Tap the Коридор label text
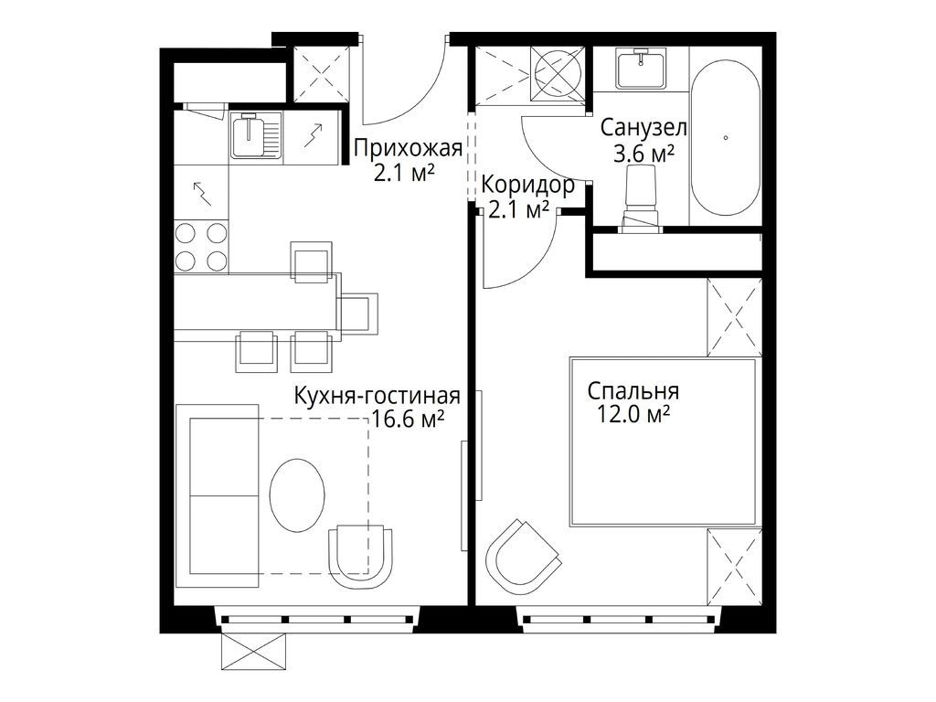click(528, 186)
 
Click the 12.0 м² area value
click(630, 416)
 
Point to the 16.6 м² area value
click(409, 420)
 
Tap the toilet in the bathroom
click(641, 200)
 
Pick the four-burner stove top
click(201, 247)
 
